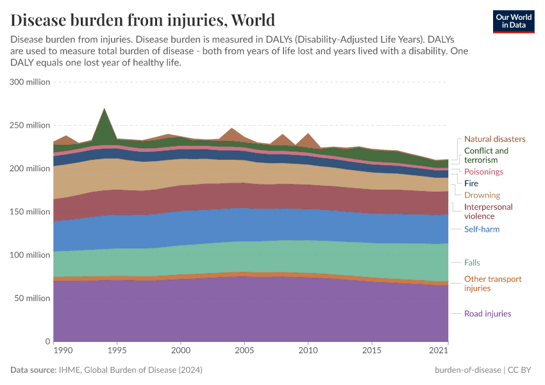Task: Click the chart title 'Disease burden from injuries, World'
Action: [142, 20]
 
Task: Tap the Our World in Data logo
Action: [514, 21]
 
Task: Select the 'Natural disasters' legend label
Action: [494, 139]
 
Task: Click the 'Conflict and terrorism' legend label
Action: [486, 155]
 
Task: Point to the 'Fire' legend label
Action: [471, 184]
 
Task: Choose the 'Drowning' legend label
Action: [482, 195]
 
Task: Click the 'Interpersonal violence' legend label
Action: [488, 212]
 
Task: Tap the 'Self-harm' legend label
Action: [482, 229]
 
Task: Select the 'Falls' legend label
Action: [472, 262]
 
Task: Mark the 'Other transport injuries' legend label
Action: [492, 284]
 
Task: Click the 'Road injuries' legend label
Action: [487, 314]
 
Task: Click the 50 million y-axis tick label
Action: [31, 298]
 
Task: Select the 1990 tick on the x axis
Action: [62, 351]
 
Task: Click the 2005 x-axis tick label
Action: [244, 351]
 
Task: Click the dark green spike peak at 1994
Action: [105, 109]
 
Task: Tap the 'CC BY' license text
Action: [521, 370]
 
